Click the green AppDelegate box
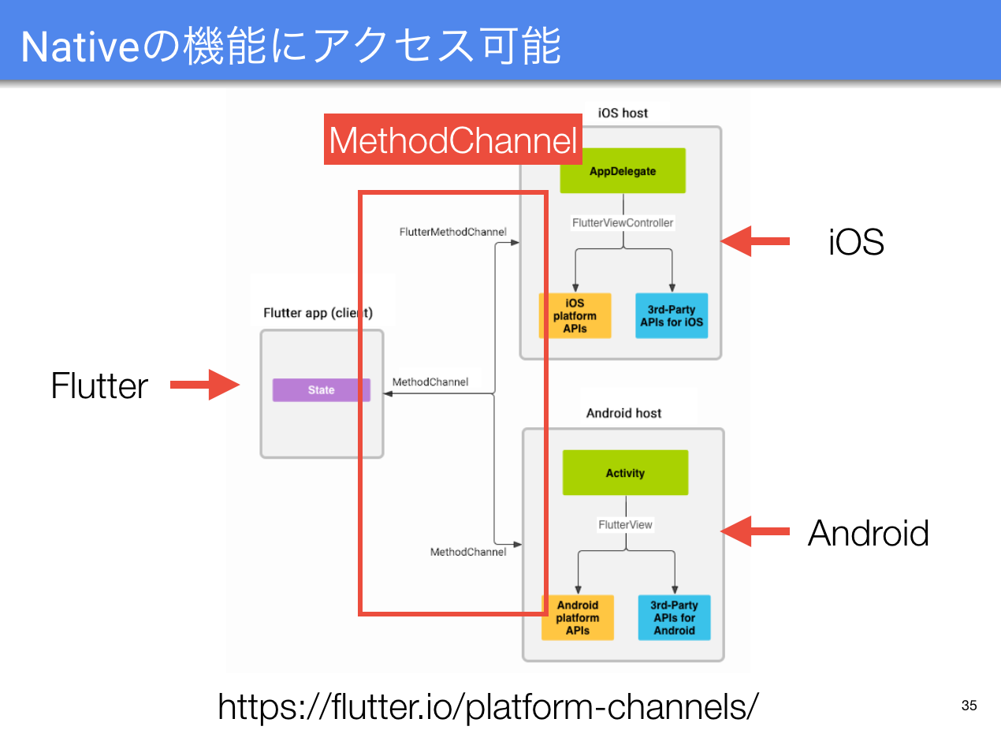(622, 171)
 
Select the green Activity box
(625, 473)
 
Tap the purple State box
(321, 390)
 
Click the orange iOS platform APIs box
(575, 316)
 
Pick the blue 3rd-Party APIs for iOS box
(672, 316)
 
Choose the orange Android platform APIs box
(578, 618)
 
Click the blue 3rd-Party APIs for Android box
(674, 618)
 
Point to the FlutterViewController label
(623, 223)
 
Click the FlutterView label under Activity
(625, 524)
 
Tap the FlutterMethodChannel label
(452, 232)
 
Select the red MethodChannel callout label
(453, 141)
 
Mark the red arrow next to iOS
(755, 241)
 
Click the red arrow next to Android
(755, 532)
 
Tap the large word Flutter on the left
(99, 386)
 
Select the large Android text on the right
(868, 534)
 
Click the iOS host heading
(623, 113)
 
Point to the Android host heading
(623, 413)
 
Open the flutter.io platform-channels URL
(489, 706)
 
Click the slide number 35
(969, 706)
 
